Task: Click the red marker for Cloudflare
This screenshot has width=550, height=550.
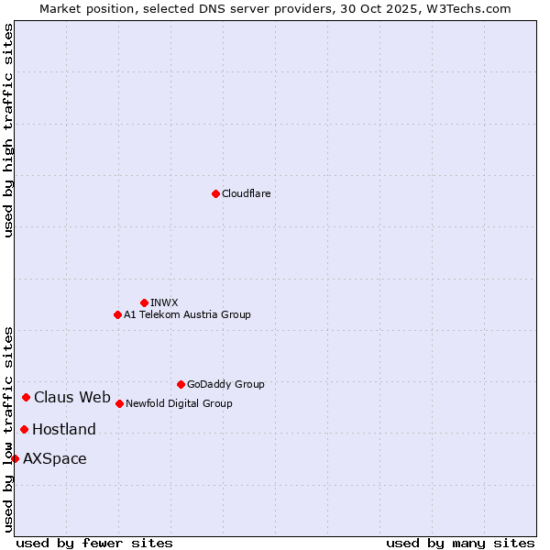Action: tap(215, 193)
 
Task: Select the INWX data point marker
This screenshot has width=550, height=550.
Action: tap(144, 302)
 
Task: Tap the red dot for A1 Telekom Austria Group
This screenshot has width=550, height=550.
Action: tap(117, 314)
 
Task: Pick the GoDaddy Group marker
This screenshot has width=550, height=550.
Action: tap(181, 384)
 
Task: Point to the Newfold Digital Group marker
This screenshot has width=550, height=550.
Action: tap(119, 403)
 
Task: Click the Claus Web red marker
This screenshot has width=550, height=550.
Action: tap(26, 397)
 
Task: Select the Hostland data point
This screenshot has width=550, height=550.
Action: tap(24, 429)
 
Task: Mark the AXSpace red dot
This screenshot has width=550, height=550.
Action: tap(15, 458)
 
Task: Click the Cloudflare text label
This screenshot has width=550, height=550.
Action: tap(247, 193)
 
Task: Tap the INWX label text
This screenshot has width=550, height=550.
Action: tap(164, 302)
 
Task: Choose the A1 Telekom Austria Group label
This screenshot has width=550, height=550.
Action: tap(187, 314)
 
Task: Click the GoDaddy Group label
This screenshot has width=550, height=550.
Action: tap(225, 384)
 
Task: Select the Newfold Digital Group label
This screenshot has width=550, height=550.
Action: tap(179, 403)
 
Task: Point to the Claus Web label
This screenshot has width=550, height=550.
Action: tap(72, 397)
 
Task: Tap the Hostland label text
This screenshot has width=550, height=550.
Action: tap(64, 429)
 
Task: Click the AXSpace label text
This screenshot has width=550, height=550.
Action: tap(55, 458)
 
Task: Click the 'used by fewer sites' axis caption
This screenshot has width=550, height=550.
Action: tap(94, 543)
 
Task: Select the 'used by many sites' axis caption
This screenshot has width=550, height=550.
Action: tap(460, 543)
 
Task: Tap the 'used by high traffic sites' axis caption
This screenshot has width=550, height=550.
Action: tap(8, 130)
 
